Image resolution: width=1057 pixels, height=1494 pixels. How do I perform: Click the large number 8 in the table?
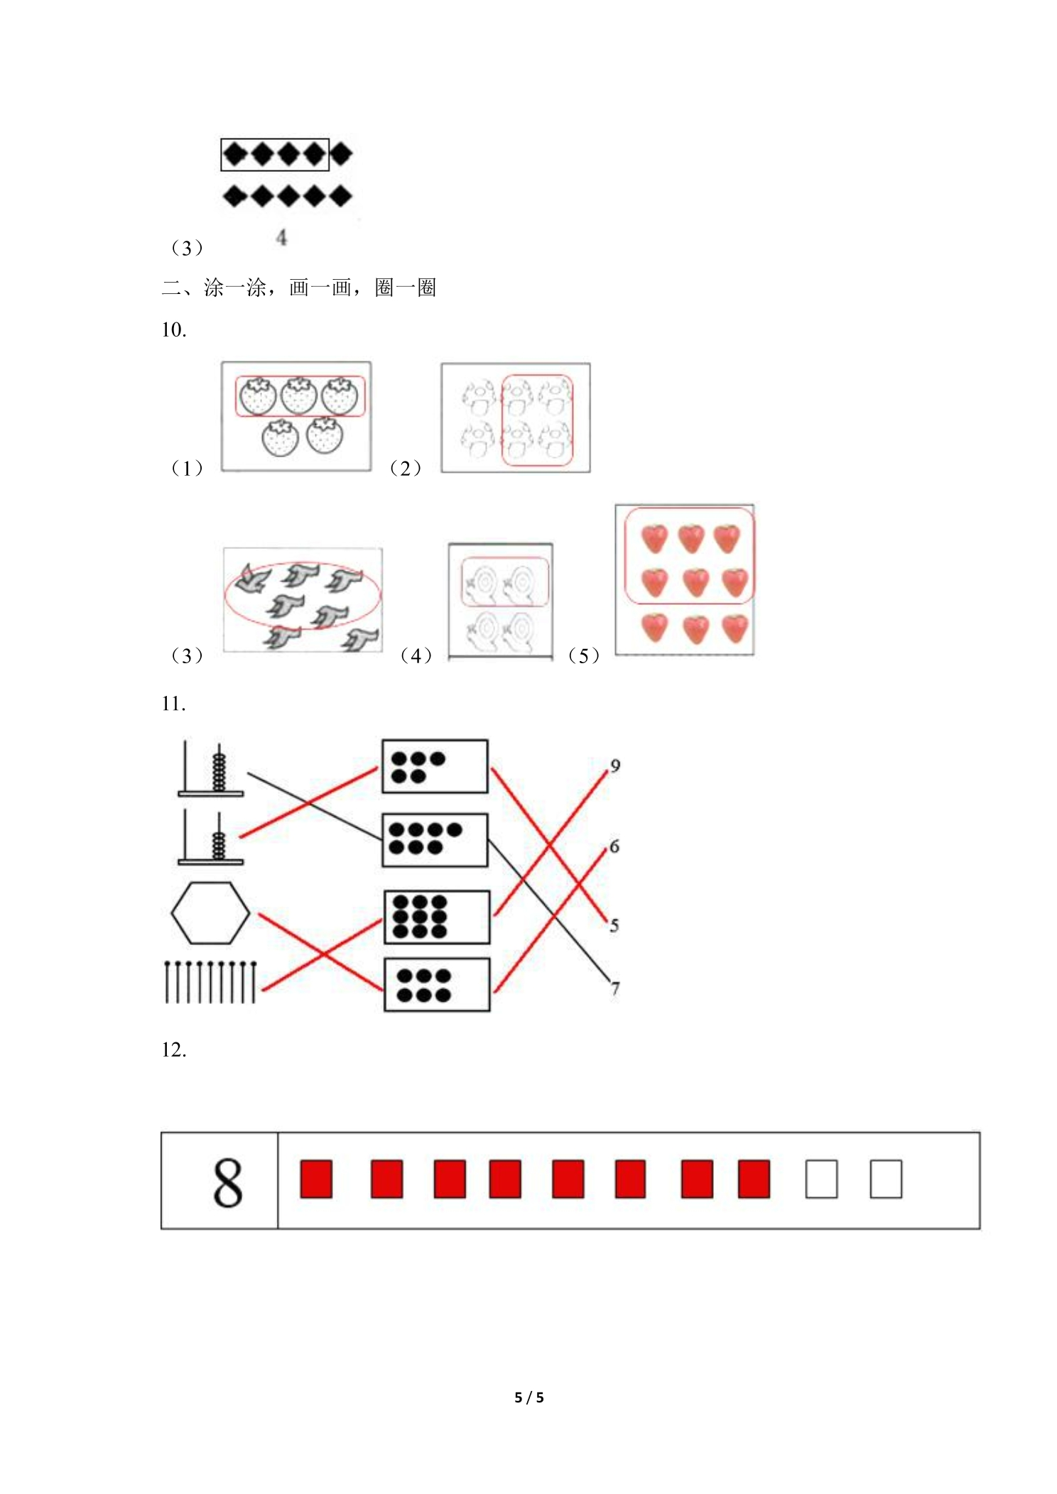[x=227, y=1182]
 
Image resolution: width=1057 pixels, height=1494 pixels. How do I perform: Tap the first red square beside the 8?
[x=316, y=1179]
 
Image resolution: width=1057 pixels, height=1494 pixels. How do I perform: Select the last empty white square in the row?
[x=886, y=1179]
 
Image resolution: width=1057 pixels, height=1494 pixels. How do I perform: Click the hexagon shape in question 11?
[x=210, y=912]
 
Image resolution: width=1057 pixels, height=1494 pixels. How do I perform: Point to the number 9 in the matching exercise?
[x=615, y=765]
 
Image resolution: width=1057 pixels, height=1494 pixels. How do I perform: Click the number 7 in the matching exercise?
[x=615, y=988]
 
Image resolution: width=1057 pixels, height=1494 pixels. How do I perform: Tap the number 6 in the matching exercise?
[x=614, y=846]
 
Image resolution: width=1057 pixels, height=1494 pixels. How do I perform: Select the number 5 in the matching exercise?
[x=614, y=925]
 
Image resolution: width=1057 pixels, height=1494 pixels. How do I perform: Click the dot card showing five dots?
[x=435, y=766]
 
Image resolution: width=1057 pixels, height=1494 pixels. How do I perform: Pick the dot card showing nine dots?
[x=437, y=917]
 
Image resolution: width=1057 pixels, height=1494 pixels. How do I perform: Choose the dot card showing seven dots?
[x=435, y=840]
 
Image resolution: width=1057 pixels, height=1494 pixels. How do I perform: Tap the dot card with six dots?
[x=437, y=985]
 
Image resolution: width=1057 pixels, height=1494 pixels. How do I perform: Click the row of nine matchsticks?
[x=210, y=982]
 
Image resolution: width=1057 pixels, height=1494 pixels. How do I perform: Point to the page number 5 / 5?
[x=529, y=1397]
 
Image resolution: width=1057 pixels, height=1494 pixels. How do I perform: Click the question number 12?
[x=174, y=1049]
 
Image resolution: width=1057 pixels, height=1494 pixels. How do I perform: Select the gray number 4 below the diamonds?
[x=282, y=237]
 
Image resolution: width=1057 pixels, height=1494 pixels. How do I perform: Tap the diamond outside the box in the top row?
[x=341, y=154]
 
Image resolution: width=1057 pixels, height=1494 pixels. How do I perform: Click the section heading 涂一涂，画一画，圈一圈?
[x=320, y=288]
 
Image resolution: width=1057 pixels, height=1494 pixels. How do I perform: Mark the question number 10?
[x=174, y=329]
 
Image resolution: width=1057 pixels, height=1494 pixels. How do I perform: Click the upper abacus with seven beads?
[x=210, y=768]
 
